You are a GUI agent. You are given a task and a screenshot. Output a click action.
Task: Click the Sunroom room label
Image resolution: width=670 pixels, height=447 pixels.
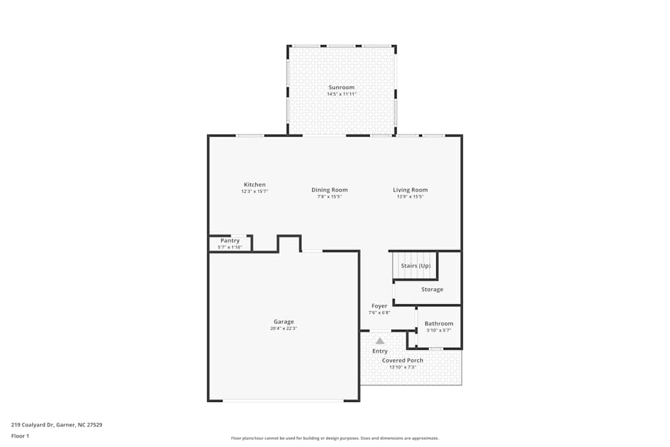[341, 88]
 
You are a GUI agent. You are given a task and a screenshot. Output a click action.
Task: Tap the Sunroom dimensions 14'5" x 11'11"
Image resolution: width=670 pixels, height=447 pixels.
[341, 94]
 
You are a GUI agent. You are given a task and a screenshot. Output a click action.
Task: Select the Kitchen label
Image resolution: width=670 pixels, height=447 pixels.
[255, 185]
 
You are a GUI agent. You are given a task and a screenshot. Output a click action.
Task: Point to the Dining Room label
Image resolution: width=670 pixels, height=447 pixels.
[330, 190]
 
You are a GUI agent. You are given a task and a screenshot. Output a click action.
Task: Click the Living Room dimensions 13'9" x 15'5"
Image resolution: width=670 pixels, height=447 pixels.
[410, 196]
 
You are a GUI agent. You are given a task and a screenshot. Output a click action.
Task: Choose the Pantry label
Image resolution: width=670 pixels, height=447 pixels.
[230, 241]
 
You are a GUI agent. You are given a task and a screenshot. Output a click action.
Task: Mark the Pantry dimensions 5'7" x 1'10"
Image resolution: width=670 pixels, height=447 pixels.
[230, 247]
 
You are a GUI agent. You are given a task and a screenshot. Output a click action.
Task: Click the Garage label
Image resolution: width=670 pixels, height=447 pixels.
[283, 322]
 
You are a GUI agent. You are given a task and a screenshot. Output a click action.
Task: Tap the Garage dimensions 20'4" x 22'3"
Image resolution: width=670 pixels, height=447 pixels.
[283, 328]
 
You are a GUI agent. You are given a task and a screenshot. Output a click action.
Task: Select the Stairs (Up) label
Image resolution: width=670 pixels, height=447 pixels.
[415, 266]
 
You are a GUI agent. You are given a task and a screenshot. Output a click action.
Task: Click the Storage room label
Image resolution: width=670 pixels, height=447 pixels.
[432, 290]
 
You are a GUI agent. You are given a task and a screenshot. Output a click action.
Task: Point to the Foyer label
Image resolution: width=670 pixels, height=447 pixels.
[379, 306]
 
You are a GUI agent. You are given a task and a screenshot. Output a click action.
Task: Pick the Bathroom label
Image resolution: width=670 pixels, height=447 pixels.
[439, 324]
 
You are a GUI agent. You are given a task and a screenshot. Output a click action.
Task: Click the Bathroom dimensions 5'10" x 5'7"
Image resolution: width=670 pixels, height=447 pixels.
[439, 330]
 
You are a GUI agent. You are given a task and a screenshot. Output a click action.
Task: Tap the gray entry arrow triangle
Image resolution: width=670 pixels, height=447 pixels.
[380, 340]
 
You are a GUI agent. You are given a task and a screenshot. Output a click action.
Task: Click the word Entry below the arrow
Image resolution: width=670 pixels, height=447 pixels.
[380, 351]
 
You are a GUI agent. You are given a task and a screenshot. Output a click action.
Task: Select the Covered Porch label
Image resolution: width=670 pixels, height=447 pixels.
[403, 361]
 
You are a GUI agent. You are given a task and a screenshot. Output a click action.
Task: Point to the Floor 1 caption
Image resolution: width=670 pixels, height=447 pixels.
[20, 436]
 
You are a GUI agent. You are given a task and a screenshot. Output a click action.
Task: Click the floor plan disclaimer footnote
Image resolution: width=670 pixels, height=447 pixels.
[335, 438]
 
